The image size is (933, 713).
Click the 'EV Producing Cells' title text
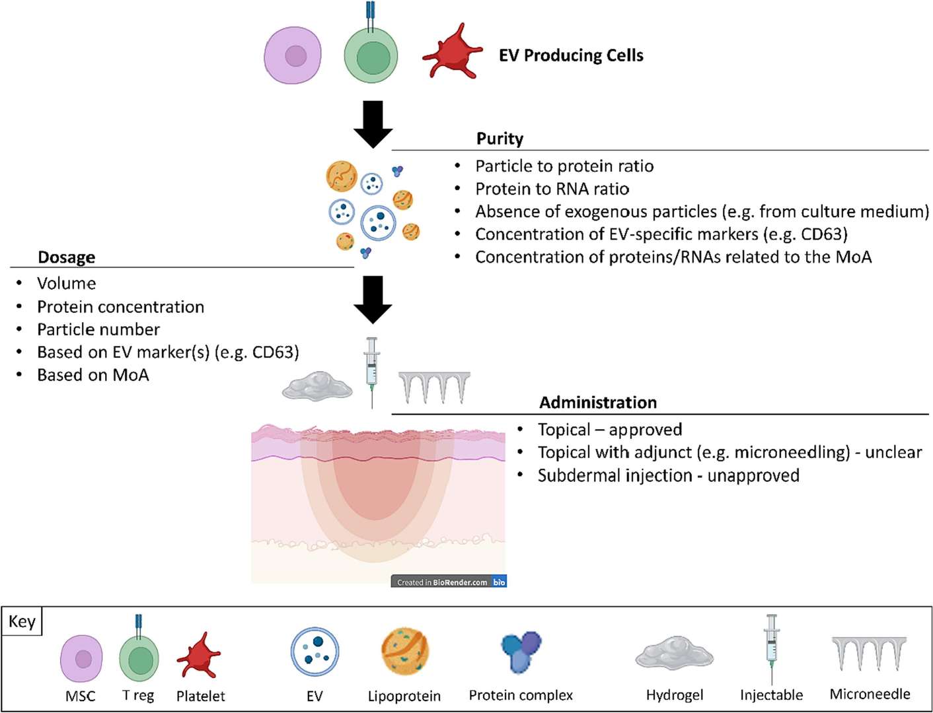point(571,55)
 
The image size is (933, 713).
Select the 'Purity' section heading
point(500,139)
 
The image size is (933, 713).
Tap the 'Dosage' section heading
point(66,257)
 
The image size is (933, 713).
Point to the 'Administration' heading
point(598,403)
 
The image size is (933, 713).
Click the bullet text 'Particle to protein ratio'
point(564,166)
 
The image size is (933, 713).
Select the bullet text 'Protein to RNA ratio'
point(552,189)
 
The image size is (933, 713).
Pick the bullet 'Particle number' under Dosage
point(98,329)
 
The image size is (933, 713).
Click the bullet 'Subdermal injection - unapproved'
point(668,476)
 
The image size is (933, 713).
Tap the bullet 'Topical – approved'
point(609,430)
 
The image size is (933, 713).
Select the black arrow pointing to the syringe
point(373,300)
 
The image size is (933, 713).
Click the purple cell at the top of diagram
point(293,55)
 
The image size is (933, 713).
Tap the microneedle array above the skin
point(434,387)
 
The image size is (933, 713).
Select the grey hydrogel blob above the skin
point(317,386)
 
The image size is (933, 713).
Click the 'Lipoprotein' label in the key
point(404,696)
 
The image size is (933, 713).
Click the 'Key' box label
point(22,622)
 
